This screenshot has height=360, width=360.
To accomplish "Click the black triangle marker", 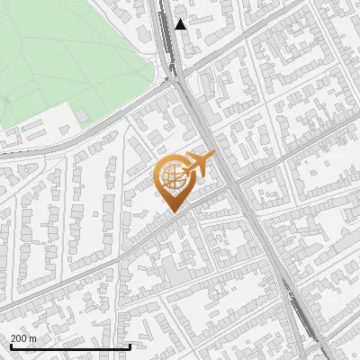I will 181,24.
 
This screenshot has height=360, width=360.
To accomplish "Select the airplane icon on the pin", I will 197,166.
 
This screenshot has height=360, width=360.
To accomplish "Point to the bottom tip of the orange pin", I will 172,211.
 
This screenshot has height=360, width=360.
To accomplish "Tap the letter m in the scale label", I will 33,338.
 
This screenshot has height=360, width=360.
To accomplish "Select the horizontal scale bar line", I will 70,347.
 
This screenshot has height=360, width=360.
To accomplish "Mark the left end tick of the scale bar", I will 10,346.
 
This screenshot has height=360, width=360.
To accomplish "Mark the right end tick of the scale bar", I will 130,346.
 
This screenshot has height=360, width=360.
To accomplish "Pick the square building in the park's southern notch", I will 82,115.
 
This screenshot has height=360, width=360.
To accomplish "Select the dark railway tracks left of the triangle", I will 166,27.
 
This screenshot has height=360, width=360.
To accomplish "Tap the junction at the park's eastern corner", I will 171,79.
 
